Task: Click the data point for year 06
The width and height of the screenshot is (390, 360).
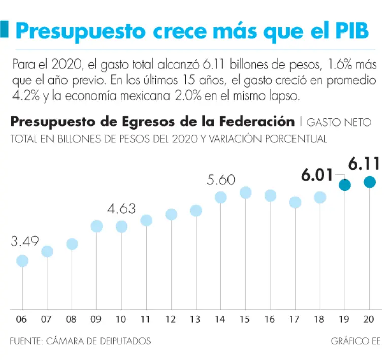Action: point(22,260)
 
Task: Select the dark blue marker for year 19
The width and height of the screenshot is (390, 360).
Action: point(345,185)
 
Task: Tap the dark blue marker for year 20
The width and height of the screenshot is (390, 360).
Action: point(370,182)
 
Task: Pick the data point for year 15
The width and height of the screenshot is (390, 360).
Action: point(246,192)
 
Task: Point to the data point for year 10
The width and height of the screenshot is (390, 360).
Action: point(121,226)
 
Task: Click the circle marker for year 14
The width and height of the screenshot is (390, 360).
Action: point(221,198)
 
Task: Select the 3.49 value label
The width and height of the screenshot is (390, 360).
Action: point(25,241)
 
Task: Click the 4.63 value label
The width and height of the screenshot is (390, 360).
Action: point(121,208)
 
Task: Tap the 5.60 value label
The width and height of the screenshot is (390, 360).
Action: point(221,180)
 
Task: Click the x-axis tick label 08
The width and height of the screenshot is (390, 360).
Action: point(72,320)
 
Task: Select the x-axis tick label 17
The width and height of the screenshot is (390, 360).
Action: point(295,320)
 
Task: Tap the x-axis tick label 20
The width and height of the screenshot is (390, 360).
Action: point(370,320)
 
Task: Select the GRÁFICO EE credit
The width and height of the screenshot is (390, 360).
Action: point(355,341)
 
